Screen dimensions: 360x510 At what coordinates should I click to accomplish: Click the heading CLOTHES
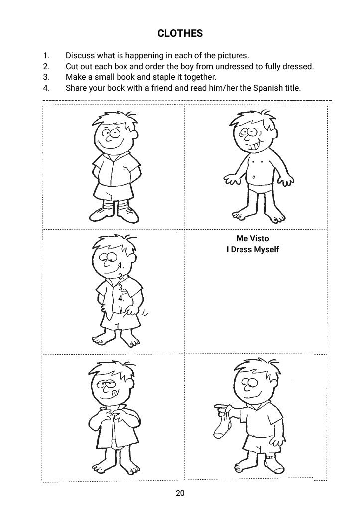coord(180,33)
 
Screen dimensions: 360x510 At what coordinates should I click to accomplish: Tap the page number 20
coord(180,493)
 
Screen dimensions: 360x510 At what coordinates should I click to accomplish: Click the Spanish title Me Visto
coord(252,238)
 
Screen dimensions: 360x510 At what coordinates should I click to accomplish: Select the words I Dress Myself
coord(252,250)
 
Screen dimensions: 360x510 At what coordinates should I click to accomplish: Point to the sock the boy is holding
coord(223,423)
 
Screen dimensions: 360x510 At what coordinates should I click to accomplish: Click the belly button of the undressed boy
coord(254,178)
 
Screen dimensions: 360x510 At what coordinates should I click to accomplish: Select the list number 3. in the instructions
coord(46,77)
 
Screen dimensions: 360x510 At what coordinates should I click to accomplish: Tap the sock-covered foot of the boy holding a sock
coord(272,464)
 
